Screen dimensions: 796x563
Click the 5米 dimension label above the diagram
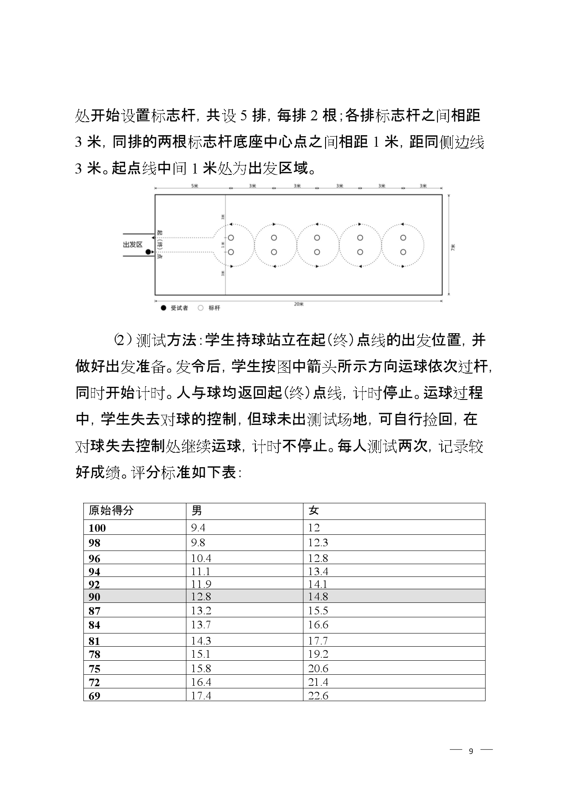tap(195, 186)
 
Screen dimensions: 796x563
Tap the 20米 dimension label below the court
tap(299, 304)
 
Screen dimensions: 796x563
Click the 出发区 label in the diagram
tap(133, 245)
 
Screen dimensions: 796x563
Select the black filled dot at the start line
tap(148, 252)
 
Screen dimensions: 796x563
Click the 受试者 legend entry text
tap(179, 308)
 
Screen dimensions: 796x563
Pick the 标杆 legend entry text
tap(214, 308)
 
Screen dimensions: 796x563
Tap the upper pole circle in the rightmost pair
tap(403, 238)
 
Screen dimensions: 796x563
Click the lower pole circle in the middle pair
tap(317, 252)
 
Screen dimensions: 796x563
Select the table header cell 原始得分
tap(111, 511)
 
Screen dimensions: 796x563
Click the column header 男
tap(197, 511)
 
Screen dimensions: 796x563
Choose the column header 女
tap(314, 511)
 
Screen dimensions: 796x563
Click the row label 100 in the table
tap(97, 528)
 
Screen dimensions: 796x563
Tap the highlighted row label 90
tap(94, 597)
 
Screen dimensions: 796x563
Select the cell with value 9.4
tap(198, 528)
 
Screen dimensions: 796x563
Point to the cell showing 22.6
tap(318, 696)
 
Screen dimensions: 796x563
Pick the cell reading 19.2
tap(318, 654)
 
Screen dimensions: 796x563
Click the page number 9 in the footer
tap(471, 751)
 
